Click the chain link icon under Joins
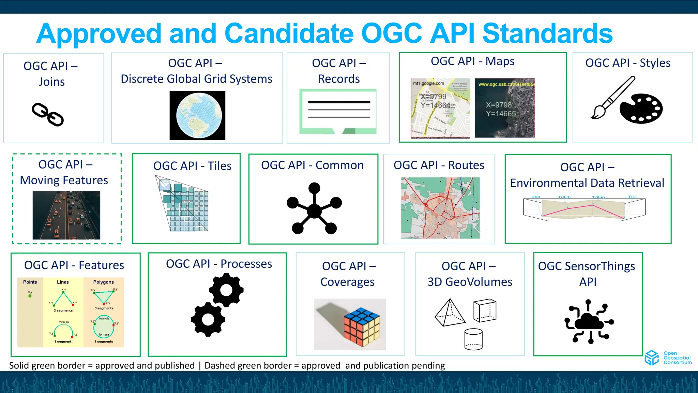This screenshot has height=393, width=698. click(48, 115)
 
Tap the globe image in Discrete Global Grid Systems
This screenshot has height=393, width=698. click(197, 115)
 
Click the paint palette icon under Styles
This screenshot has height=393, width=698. click(641, 108)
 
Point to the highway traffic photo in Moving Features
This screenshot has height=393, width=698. click(66, 215)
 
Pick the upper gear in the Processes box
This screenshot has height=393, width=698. click(226, 290)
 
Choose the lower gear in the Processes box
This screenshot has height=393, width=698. click(208, 319)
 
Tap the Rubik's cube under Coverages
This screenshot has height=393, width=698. click(362, 327)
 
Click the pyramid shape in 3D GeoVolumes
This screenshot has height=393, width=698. click(450, 313)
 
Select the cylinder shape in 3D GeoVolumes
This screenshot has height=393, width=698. click(473, 339)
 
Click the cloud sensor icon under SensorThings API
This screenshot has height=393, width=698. click(589, 321)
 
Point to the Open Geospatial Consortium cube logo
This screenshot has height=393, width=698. click(652, 358)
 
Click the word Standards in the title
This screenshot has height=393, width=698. click(547, 33)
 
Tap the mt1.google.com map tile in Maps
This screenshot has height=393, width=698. click(440, 108)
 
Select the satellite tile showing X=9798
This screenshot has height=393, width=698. click(504, 108)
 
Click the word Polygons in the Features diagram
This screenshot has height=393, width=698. click(103, 282)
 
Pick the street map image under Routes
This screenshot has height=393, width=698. click(440, 208)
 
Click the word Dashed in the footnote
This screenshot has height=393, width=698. click(220, 366)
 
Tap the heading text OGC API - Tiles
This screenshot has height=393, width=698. click(192, 166)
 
